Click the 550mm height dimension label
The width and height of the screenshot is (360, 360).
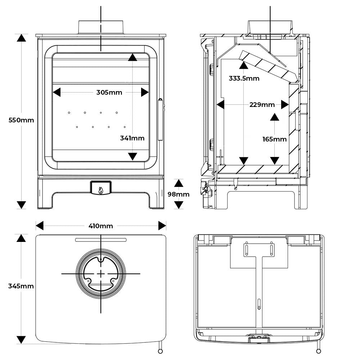21,120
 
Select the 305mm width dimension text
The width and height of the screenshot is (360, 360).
109,93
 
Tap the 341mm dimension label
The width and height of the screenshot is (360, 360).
132,138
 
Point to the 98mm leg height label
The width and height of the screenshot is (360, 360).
179,194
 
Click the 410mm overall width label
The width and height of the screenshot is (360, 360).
101,226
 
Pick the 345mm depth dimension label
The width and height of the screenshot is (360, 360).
21,286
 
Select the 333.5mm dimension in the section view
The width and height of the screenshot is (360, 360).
244,78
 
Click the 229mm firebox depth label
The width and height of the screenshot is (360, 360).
262,105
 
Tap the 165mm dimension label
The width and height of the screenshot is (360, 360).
275,139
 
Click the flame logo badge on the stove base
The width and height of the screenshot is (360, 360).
101,188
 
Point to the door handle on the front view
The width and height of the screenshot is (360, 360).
161,120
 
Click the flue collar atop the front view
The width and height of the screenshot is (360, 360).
101,27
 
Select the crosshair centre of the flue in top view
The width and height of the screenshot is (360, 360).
101,274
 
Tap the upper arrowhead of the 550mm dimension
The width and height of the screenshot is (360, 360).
21,38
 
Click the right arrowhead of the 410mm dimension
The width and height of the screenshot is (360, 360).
162,226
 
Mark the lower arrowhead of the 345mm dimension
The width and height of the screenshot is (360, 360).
21,339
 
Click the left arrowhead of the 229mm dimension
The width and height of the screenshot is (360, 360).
220,105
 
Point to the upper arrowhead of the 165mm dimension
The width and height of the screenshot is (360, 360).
275,117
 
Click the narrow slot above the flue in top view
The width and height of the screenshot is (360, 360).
101,240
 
